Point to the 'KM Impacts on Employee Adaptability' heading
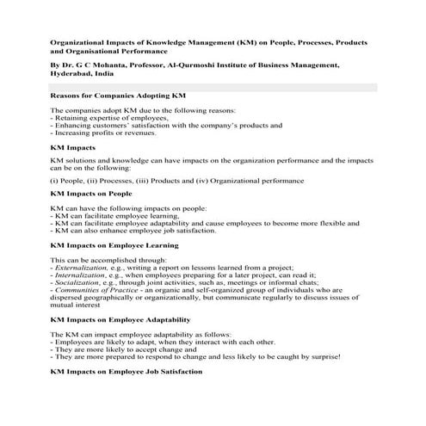[125, 318]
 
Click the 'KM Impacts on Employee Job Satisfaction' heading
[127, 372]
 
